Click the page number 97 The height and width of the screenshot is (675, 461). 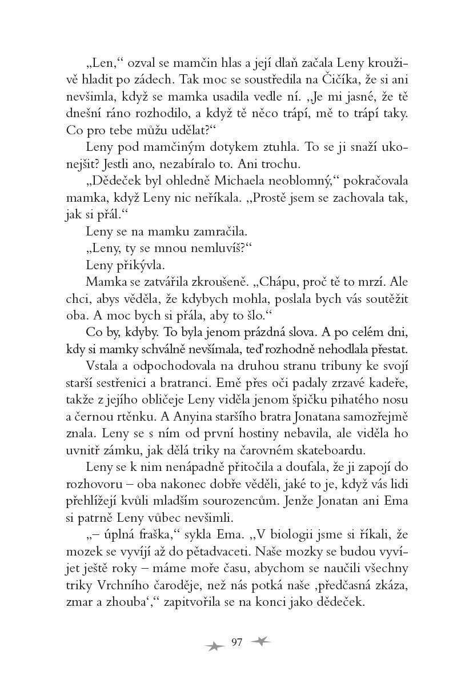point(238,641)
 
